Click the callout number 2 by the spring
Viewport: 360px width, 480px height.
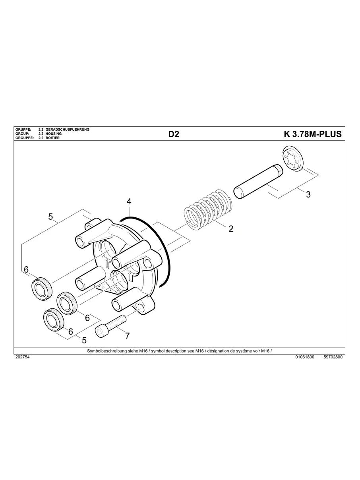click(x=231, y=229)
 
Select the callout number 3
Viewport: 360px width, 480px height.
click(x=308, y=194)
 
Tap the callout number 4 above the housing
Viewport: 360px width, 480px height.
click(x=129, y=201)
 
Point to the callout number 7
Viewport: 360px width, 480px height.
click(x=127, y=336)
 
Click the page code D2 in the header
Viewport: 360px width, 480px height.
click(x=174, y=134)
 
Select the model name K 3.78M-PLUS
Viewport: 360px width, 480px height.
click(x=312, y=134)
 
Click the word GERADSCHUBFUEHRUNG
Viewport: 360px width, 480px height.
click(x=68, y=130)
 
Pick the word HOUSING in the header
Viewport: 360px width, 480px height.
click(x=54, y=134)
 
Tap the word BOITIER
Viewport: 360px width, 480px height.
click(x=52, y=138)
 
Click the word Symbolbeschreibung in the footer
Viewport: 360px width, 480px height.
click(x=105, y=351)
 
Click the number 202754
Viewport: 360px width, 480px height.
click(x=22, y=357)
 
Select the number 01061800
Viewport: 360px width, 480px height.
click(x=305, y=357)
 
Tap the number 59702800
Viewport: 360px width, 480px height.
click(x=333, y=357)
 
